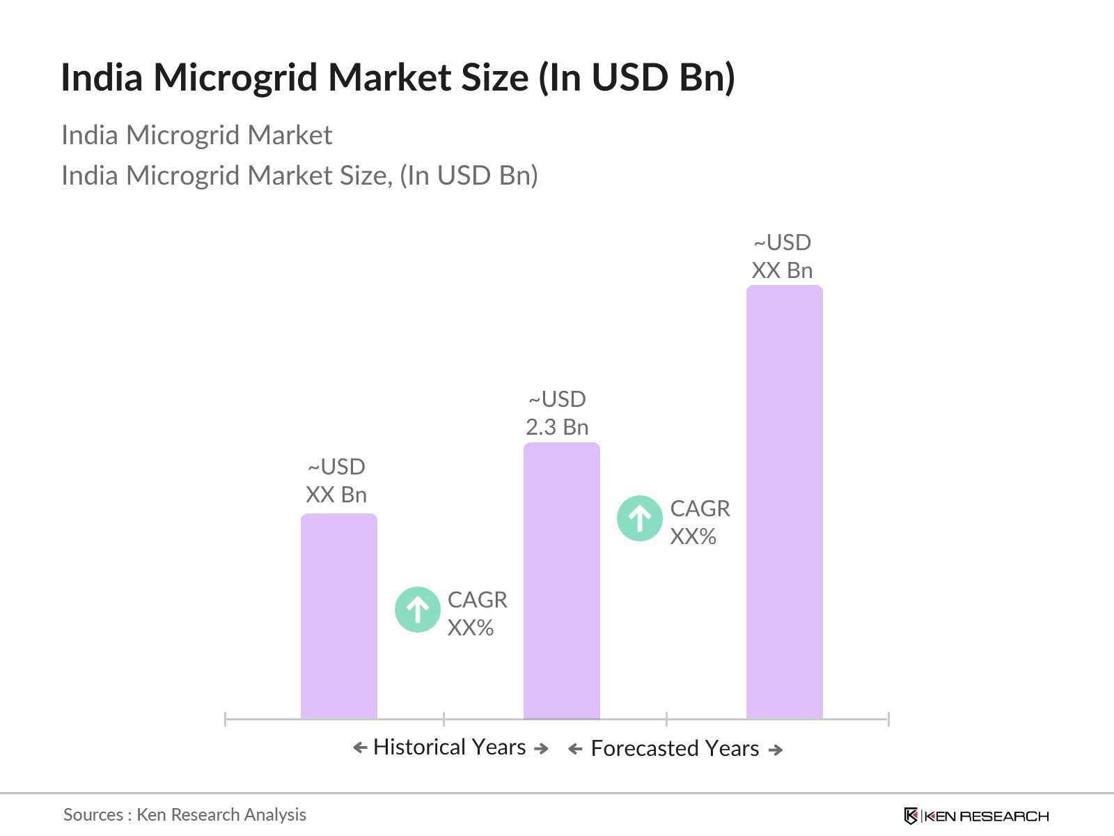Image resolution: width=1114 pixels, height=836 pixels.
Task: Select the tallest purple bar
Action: [x=784, y=502]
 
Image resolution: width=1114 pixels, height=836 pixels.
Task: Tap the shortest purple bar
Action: [x=338, y=616]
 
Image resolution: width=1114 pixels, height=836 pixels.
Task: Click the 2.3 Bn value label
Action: [x=557, y=427]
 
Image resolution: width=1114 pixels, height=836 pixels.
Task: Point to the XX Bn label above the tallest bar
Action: [x=782, y=270]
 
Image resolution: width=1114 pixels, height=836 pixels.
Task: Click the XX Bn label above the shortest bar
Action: [x=336, y=495]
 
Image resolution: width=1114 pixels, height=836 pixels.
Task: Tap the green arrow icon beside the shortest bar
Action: [x=417, y=610]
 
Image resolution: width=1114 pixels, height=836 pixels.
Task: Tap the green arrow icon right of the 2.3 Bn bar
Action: [x=639, y=518]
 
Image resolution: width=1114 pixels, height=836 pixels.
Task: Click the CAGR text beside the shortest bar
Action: [x=477, y=600]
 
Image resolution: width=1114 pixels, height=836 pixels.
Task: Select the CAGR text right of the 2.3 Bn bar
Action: [x=700, y=509]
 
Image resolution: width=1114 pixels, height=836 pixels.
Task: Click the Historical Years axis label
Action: [x=449, y=747]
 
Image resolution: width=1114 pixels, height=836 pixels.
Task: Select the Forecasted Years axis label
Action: [x=675, y=748]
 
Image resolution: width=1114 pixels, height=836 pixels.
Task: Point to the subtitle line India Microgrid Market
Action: [x=196, y=135]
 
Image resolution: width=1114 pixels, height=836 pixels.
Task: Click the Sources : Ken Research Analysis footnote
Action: [x=185, y=814]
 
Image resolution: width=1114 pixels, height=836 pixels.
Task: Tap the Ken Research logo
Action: [x=975, y=816]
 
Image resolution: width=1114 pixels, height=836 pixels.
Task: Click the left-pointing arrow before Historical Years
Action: [x=359, y=748]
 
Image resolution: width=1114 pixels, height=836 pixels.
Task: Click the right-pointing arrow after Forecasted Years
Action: [x=776, y=750]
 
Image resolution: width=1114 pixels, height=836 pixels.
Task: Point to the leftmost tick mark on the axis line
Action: [x=226, y=719]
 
